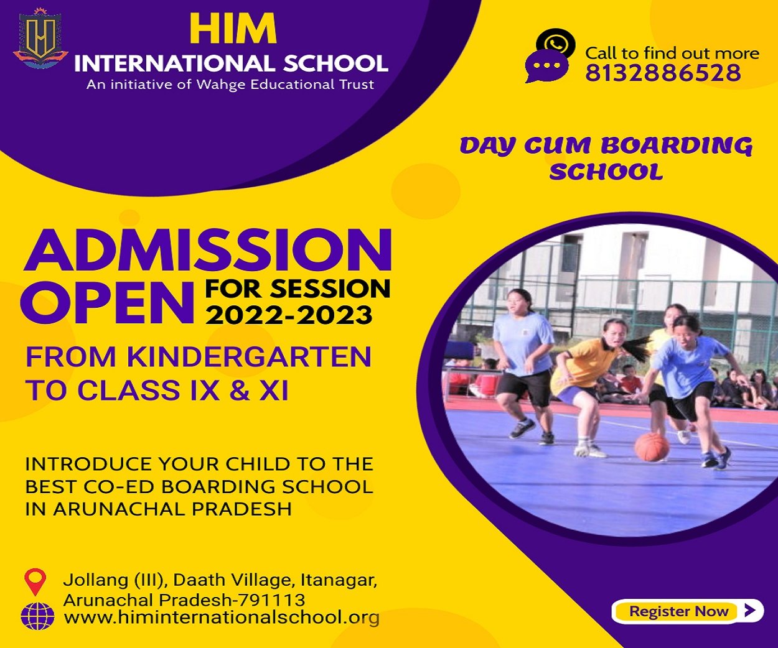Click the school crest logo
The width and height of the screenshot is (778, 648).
[40, 39]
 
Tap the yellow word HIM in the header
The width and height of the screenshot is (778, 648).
[233, 29]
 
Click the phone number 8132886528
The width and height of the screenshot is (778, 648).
[663, 73]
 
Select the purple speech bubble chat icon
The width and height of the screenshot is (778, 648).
[546, 67]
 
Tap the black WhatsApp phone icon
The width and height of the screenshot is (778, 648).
[556, 43]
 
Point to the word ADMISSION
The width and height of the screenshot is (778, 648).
[208, 250]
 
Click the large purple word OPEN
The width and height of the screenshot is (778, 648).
[108, 303]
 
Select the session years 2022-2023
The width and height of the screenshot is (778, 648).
[289, 315]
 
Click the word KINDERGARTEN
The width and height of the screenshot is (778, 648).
[250, 357]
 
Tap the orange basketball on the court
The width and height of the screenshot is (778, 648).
[652, 447]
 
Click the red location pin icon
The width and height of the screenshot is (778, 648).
[35, 581]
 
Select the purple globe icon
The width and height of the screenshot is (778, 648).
[37, 616]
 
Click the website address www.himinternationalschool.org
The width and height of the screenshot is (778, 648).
[222, 618]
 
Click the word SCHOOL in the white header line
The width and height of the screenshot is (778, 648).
[335, 63]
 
